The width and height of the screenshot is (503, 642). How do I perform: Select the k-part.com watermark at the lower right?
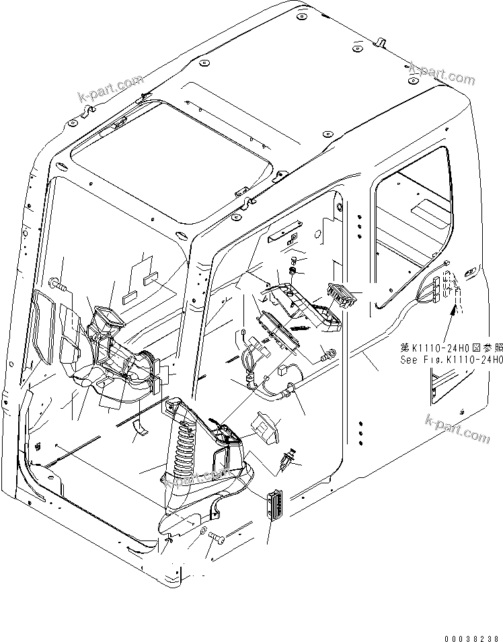[457, 429]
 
